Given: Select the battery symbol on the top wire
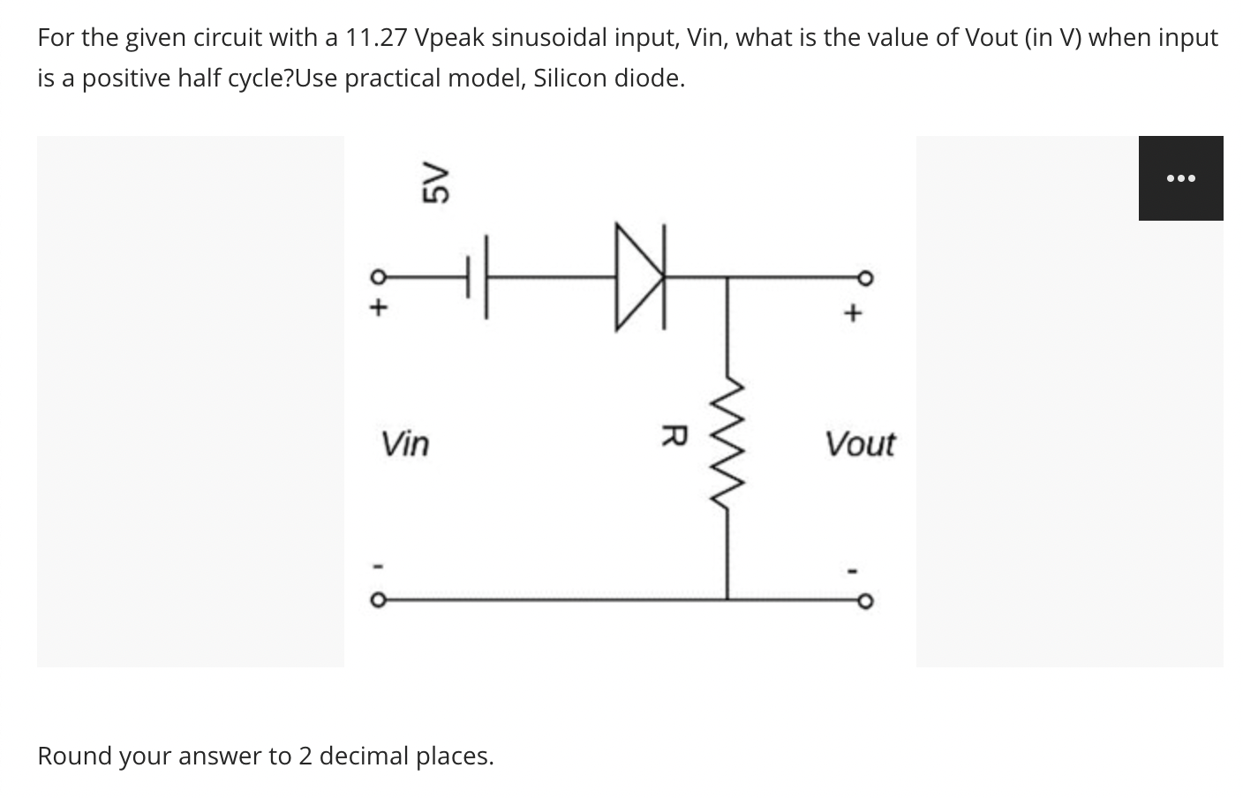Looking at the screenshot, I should click(475, 277).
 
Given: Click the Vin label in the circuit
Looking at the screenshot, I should click(405, 443).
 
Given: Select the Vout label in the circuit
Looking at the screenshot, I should click(859, 444).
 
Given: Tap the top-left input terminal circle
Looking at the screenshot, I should click(377, 277).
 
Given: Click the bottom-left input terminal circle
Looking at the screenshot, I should click(377, 600).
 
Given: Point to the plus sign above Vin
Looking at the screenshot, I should click(378, 309).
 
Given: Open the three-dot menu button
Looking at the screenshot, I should click(1180, 178).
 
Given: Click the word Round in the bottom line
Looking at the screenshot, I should click(74, 756).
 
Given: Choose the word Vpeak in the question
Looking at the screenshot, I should click(447, 39).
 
